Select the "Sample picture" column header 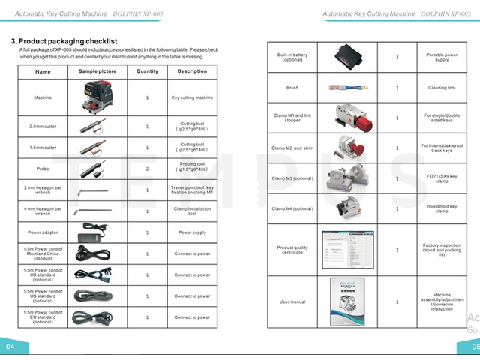click(x=97, y=71)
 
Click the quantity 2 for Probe click(x=147, y=169)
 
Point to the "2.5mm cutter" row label click(x=43, y=126)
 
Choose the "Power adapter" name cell click(x=43, y=232)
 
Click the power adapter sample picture click(x=97, y=232)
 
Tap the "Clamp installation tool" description click(x=192, y=211)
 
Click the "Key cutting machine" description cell click(x=192, y=97)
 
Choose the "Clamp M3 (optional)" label click(x=292, y=178)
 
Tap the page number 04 click(x=10, y=347)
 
